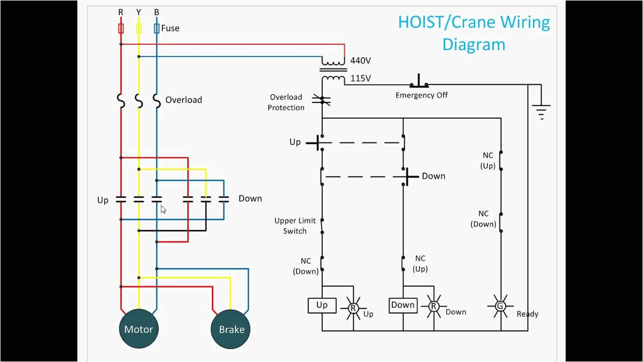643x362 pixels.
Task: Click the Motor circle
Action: pyautogui.click(x=138, y=329)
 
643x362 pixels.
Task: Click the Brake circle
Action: pyautogui.click(x=231, y=330)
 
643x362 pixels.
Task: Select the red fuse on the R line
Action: pyautogui.click(x=121, y=28)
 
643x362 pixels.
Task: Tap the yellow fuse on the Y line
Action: pyautogui.click(x=139, y=28)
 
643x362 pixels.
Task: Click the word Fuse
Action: pyautogui.click(x=170, y=29)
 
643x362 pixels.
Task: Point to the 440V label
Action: pyautogui.click(x=360, y=61)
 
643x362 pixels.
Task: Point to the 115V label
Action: pyautogui.click(x=360, y=78)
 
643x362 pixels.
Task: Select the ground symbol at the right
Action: pyautogui.click(x=541, y=111)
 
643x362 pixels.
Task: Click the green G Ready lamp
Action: pyautogui.click(x=500, y=306)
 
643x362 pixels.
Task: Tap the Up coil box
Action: pyautogui.click(x=322, y=305)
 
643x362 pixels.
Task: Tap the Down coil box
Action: pyautogui.click(x=403, y=305)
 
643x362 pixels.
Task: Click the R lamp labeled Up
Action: pyautogui.click(x=353, y=307)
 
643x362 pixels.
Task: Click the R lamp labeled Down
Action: pyautogui.click(x=434, y=306)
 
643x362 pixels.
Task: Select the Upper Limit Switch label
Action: pyautogui.click(x=295, y=226)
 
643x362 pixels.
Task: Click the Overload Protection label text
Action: pyautogui.click(x=286, y=102)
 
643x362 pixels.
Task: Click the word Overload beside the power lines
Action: pyautogui.click(x=183, y=100)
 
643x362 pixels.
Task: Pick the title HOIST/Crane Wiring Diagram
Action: pyautogui.click(x=473, y=33)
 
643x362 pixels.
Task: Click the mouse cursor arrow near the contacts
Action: pyautogui.click(x=163, y=210)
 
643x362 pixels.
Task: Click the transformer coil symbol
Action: pyautogui.click(x=333, y=71)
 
